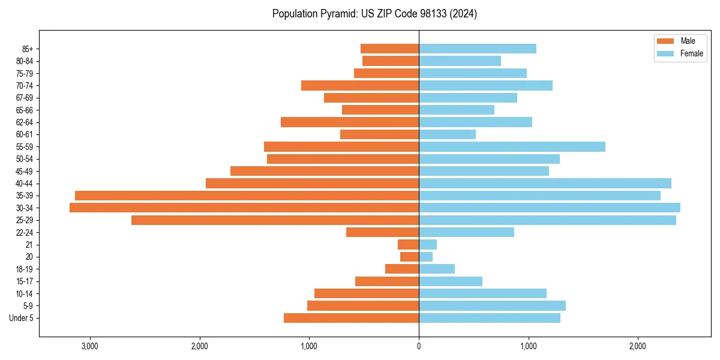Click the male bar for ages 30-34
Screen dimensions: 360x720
(244, 208)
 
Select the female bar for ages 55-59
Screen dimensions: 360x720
(512, 146)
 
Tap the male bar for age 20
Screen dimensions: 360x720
(409, 257)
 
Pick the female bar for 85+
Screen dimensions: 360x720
(478, 49)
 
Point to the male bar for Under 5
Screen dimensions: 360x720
(351, 318)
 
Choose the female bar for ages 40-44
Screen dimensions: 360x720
(545, 183)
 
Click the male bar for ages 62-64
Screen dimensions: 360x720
(350, 122)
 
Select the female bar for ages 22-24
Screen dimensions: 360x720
(466, 232)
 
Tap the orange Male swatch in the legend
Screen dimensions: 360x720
(666, 41)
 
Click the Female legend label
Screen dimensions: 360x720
(691, 53)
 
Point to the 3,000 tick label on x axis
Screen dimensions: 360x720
(89, 346)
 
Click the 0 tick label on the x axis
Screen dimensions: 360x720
(419, 346)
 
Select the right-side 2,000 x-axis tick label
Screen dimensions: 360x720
(638, 346)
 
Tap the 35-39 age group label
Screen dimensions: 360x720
(25, 196)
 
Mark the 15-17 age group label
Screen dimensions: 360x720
(25, 281)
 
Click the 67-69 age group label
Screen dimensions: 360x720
(25, 98)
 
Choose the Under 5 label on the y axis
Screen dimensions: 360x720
(22, 318)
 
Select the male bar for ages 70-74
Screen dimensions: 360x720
(360, 85)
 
